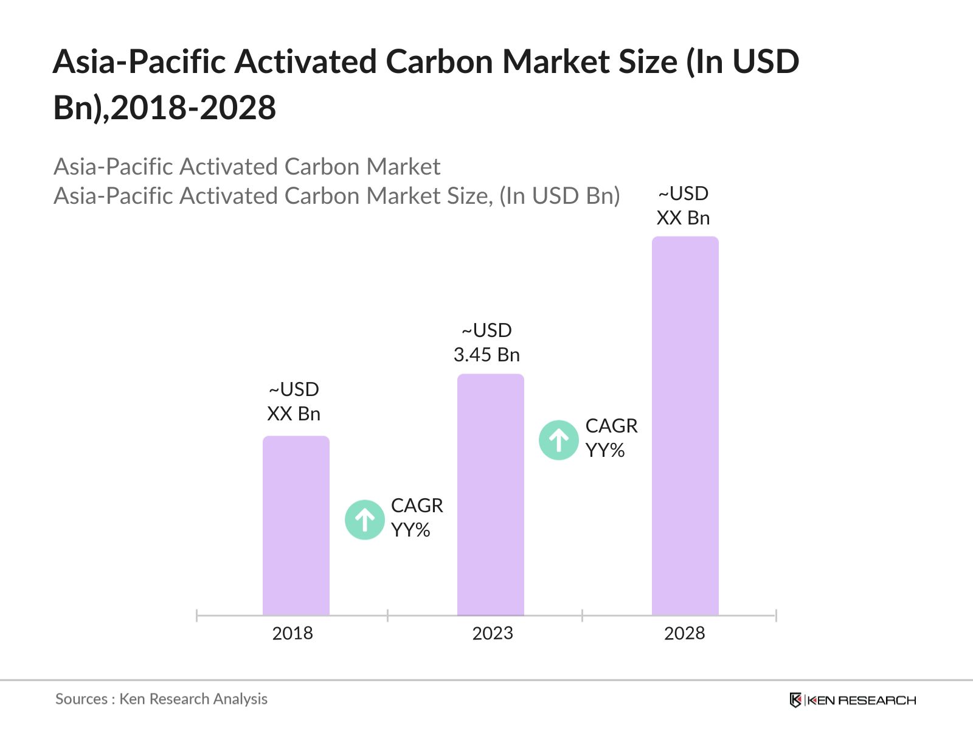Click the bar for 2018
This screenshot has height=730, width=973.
click(x=296, y=526)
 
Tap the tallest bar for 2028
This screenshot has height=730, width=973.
click(x=685, y=426)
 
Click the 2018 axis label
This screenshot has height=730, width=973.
click(x=293, y=633)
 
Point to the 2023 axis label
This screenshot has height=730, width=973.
click(x=493, y=633)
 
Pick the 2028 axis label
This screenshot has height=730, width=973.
click(x=684, y=633)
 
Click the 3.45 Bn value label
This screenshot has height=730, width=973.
click(x=486, y=354)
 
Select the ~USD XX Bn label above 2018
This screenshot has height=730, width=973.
click(x=294, y=401)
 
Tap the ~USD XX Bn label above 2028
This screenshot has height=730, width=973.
click(x=683, y=206)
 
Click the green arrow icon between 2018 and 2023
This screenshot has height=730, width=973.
click(x=365, y=520)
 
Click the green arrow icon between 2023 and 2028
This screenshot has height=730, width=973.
click(x=558, y=440)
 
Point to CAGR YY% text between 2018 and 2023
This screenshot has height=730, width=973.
click(x=417, y=518)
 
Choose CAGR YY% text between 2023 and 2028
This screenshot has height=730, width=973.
click(x=611, y=438)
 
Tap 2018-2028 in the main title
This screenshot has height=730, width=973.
click(x=193, y=108)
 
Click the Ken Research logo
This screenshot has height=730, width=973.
click(x=852, y=700)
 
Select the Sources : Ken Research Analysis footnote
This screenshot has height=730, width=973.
click(x=161, y=699)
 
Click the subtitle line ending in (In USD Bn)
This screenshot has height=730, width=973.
click(x=336, y=196)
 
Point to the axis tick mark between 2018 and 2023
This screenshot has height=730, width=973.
click(x=387, y=616)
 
